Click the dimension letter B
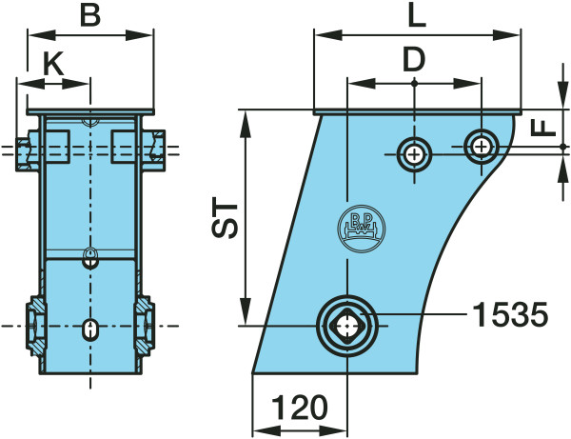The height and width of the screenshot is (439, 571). (x=90, y=15)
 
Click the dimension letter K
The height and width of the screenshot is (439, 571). (x=53, y=63)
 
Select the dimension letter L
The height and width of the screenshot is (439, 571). (x=417, y=16)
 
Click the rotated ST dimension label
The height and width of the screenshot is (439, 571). (x=225, y=217)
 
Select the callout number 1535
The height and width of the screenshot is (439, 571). (x=510, y=314)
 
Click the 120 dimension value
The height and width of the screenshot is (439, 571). (x=300, y=407)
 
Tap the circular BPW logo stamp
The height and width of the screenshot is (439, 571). (x=362, y=229)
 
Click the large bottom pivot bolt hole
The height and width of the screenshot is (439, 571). (x=347, y=326)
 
